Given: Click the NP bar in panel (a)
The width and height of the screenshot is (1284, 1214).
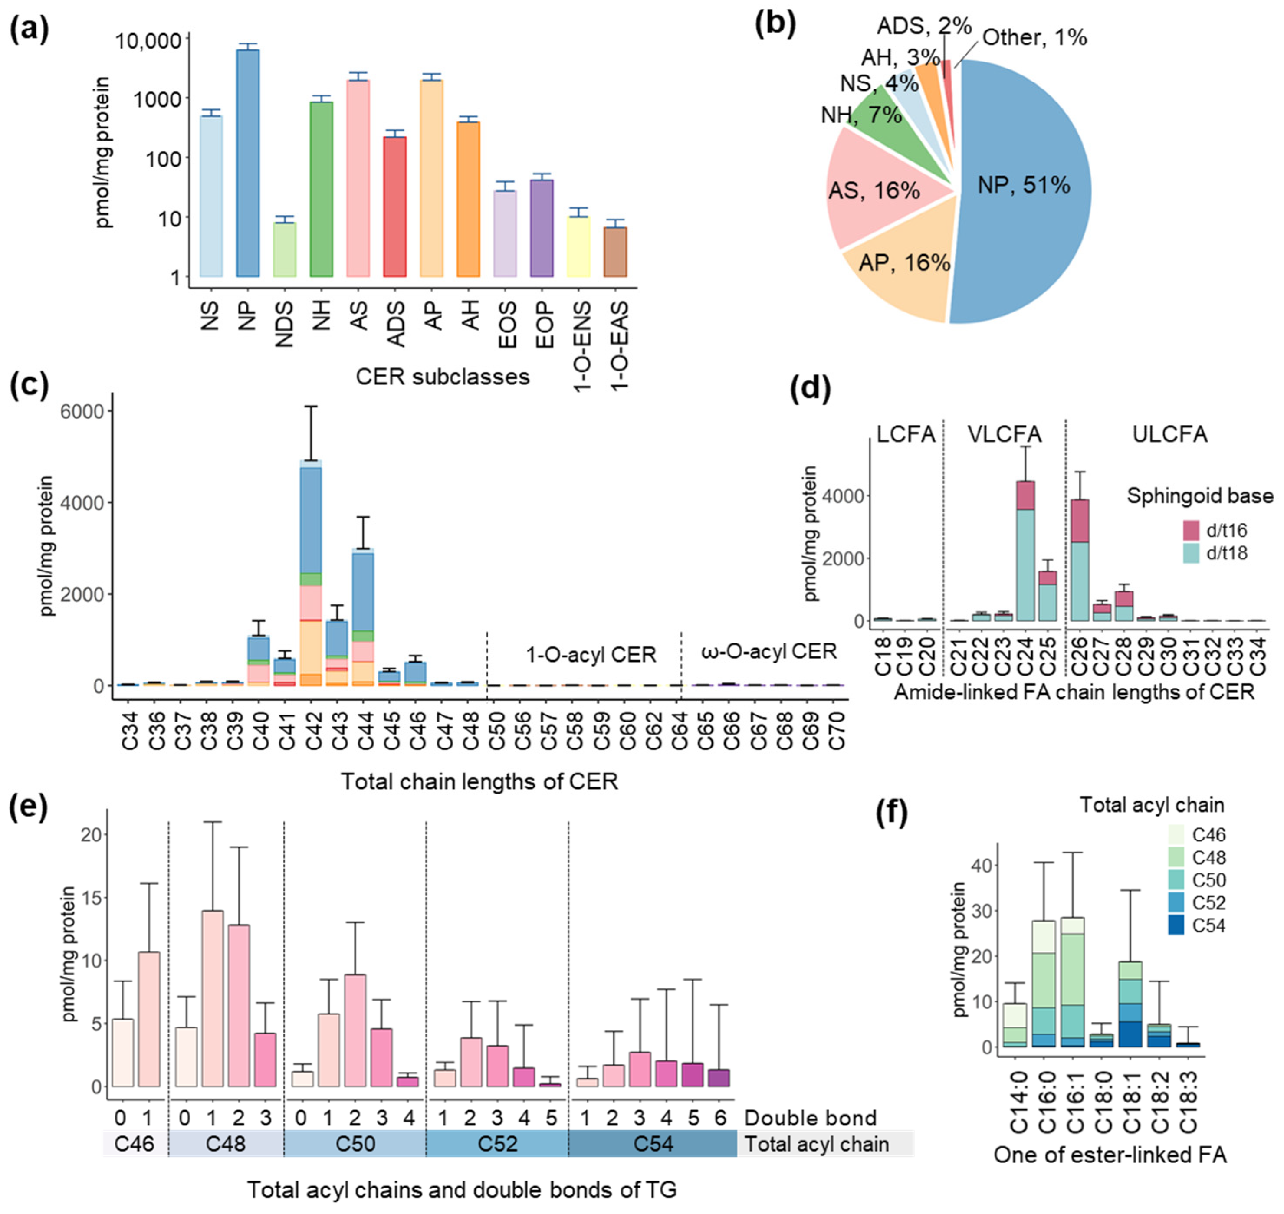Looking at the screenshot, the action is pos(248,163).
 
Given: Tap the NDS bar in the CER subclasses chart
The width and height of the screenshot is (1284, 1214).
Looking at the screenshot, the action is pos(285,250).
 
